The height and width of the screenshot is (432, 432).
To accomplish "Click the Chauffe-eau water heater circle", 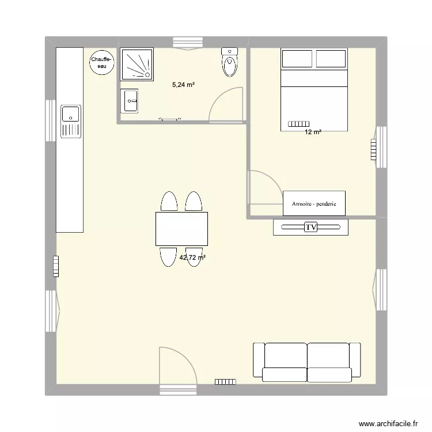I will [101, 62].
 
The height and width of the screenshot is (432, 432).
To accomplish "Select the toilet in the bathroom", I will [230, 63].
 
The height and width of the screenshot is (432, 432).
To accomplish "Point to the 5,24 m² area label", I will [184, 85].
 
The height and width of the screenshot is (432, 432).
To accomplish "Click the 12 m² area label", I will [313, 132].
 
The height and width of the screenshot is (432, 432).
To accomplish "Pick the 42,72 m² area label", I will [192, 258].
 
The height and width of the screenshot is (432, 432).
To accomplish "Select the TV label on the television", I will [311, 228].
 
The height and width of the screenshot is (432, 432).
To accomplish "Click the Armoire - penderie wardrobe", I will [314, 204].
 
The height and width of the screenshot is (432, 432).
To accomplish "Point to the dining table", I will [181, 229].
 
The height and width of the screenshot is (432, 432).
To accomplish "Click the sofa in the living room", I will [307, 361].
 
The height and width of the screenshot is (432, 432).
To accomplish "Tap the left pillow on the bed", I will [297, 59].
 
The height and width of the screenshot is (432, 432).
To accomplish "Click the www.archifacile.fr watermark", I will [388, 424].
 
